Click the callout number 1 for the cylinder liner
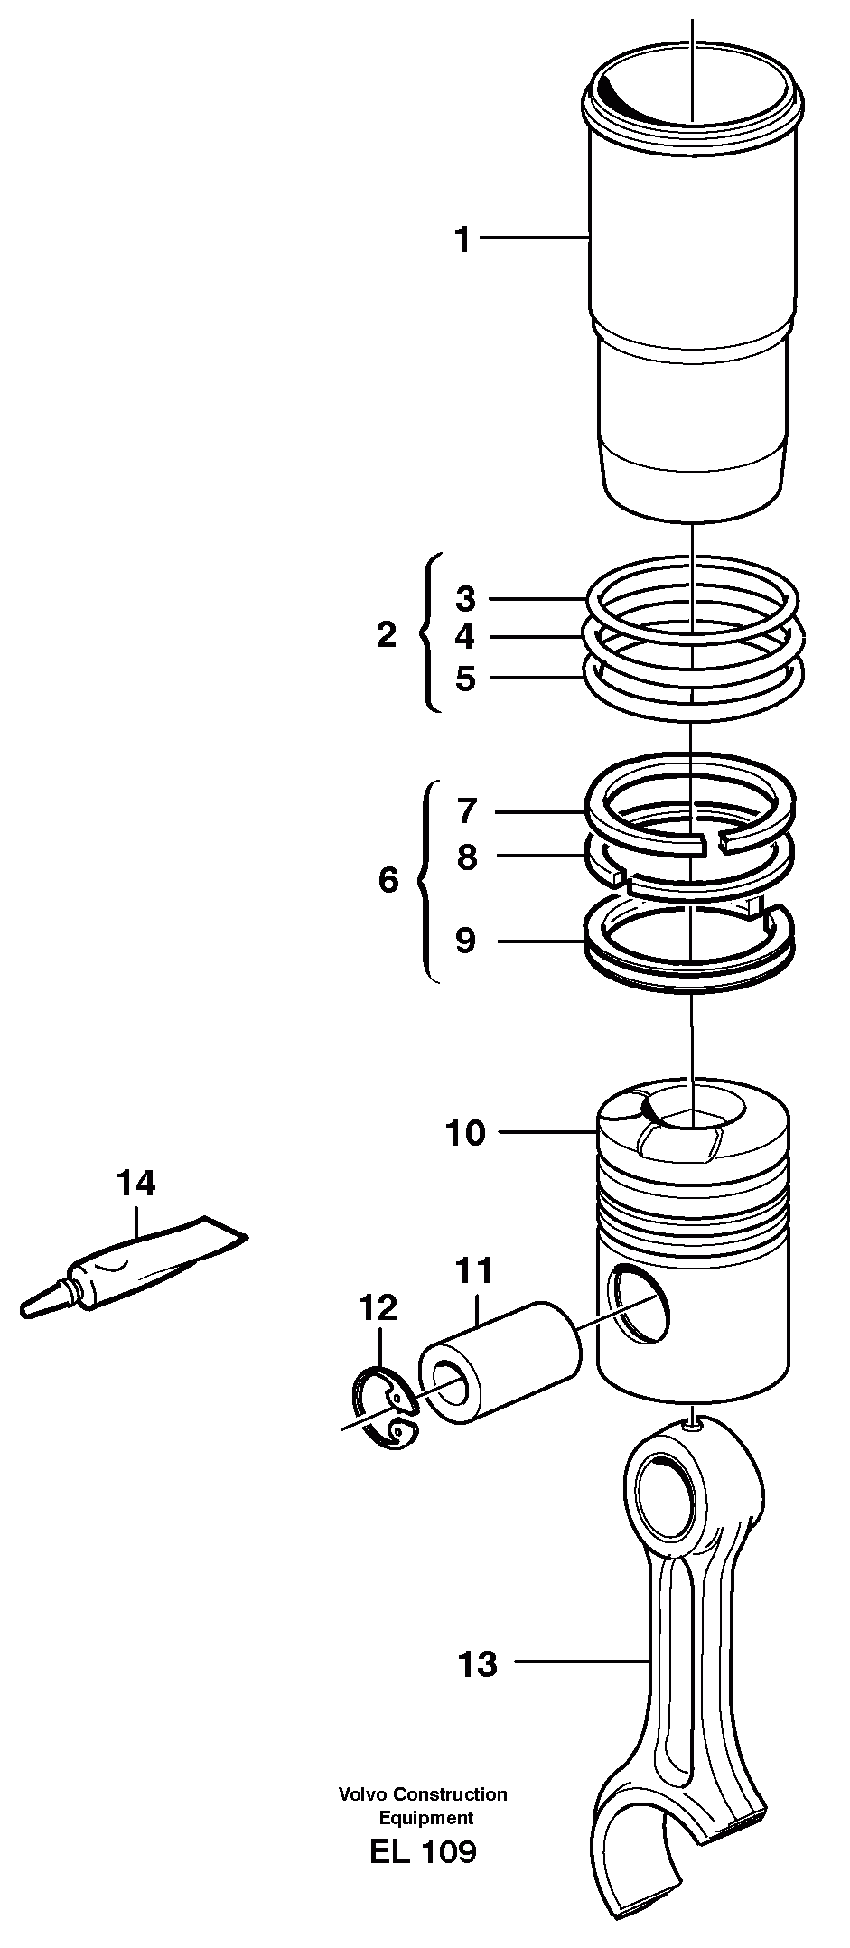pyautogui.click(x=462, y=240)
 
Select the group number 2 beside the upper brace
pyautogui.click(x=387, y=635)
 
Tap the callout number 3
pyautogui.click(x=464, y=598)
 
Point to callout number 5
pyautogui.click(x=464, y=679)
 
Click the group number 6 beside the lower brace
pyautogui.click(x=388, y=879)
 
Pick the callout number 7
pyautogui.click(x=465, y=811)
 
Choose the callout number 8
pyautogui.click(x=465, y=857)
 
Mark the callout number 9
pyautogui.click(x=464, y=941)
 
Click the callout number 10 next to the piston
pyautogui.click(x=465, y=1132)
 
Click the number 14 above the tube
pyautogui.click(x=136, y=1183)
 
